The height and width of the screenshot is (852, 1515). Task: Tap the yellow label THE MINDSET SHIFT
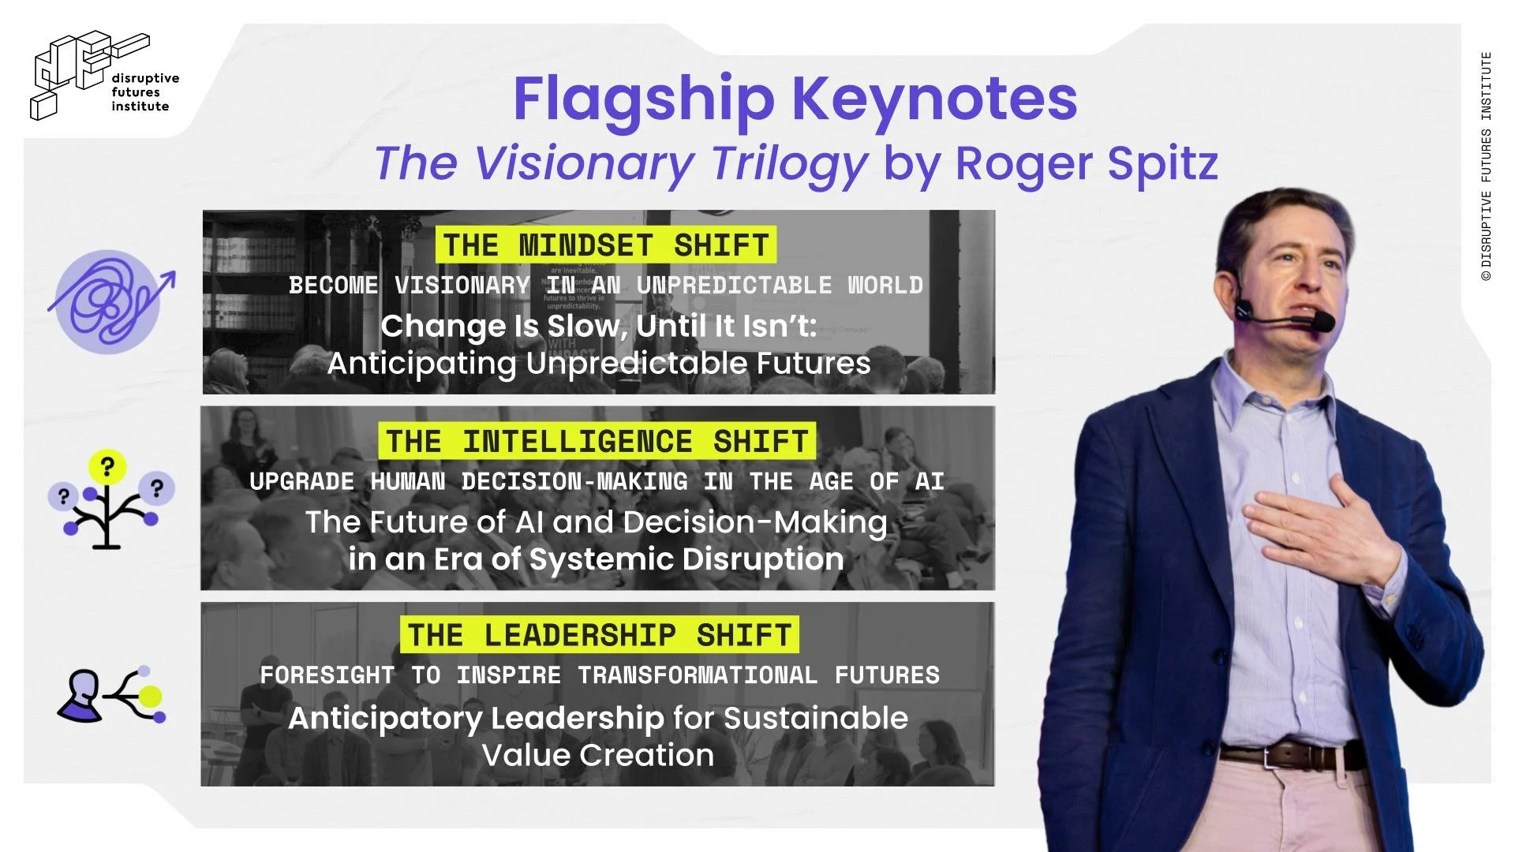(x=605, y=245)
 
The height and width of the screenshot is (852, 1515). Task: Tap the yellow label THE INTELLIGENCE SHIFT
(x=597, y=441)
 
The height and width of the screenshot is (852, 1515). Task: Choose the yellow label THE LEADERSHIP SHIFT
(x=599, y=635)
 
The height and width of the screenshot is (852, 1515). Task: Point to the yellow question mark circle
(x=107, y=466)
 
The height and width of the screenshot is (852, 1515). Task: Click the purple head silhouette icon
(x=81, y=696)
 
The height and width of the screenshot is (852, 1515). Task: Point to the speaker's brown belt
(x=1294, y=756)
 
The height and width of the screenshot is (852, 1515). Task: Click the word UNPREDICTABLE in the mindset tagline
(x=734, y=285)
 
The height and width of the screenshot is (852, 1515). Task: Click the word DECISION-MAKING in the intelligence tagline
(x=574, y=481)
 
